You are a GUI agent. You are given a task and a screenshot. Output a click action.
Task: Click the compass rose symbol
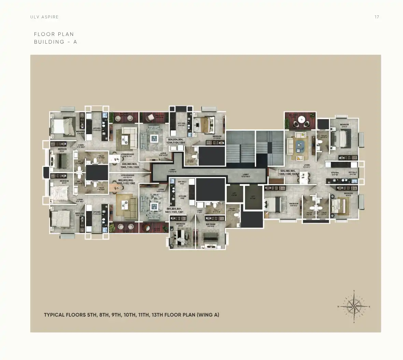(354, 306)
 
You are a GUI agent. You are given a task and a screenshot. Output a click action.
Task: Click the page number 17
(377, 17)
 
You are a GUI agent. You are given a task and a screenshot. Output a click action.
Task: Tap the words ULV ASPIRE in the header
(44, 17)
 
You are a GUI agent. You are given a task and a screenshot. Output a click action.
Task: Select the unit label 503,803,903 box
(130, 166)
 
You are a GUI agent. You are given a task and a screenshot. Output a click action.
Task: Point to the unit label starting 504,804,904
(175, 141)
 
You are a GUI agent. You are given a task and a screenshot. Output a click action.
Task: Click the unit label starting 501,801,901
(175, 210)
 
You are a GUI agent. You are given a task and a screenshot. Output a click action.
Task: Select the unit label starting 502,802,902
(126, 182)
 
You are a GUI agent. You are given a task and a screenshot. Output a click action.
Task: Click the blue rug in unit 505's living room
(300, 145)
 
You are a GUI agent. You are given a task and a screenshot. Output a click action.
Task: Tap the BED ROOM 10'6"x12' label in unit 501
(210, 226)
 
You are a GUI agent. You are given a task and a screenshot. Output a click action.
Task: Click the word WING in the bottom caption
(205, 315)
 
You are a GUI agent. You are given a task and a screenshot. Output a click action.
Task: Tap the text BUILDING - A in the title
(55, 42)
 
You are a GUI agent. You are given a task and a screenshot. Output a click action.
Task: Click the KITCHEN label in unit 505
(335, 173)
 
